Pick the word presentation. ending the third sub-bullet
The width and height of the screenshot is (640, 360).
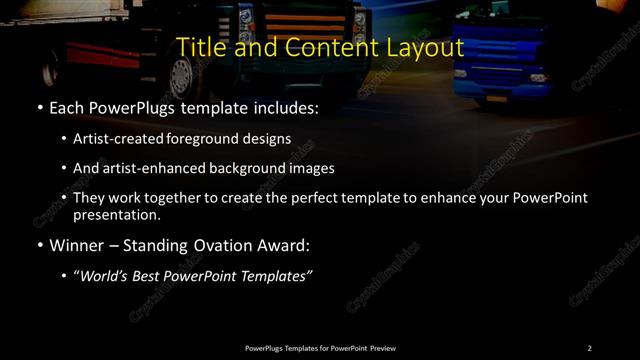pyautogui.click(x=116, y=214)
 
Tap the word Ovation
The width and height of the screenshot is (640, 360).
pyautogui.click(x=205, y=244)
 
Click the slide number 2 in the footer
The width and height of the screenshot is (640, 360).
pyautogui.click(x=589, y=347)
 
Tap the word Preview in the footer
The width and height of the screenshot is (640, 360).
pyautogui.click(x=382, y=347)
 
